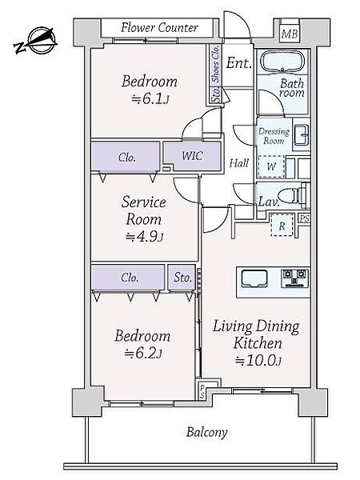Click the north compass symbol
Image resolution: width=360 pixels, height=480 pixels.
(x=36, y=41)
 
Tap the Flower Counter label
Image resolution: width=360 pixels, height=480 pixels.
(x=159, y=27)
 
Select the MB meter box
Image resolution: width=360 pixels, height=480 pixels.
(x=290, y=34)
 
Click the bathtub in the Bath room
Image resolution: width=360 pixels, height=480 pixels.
(x=282, y=62)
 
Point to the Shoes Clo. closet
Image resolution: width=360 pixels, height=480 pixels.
(x=216, y=64)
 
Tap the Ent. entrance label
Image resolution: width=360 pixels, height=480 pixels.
(x=238, y=63)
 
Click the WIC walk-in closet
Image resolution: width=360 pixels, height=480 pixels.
(x=192, y=156)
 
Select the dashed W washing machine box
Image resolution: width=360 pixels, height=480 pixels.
(x=271, y=167)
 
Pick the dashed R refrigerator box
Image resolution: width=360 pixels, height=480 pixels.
(x=282, y=226)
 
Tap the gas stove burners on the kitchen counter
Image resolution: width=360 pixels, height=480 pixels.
(x=294, y=278)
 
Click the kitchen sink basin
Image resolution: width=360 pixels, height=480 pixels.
(x=254, y=278)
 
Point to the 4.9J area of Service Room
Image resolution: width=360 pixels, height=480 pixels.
(x=144, y=237)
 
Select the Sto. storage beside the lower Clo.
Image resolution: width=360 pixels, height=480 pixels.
(x=182, y=278)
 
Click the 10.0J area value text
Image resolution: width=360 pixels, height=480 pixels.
(x=258, y=360)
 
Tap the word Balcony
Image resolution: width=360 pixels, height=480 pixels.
(x=207, y=432)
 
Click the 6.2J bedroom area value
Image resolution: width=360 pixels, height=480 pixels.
(x=142, y=353)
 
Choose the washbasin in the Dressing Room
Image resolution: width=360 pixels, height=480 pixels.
(x=302, y=134)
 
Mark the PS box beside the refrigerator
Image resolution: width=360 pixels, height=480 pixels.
(x=304, y=218)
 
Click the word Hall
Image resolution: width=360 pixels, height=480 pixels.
(x=238, y=162)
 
